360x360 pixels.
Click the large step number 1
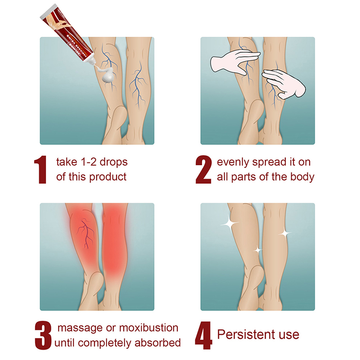(x=40, y=170)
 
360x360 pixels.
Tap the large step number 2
(x=203, y=170)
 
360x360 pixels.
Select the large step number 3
(x=43, y=335)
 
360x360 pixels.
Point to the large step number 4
(x=203, y=335)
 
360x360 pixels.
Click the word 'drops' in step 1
(x=113, y=162)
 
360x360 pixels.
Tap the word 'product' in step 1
(x=108, y=177)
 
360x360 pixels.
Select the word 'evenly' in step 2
(x=233, y=162)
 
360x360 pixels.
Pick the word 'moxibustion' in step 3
(x=149, y=328)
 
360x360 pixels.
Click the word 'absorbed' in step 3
(x=157, y=343)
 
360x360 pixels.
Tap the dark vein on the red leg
(x=85, y=234)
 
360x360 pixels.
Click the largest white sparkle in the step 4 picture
(x=229, y=224)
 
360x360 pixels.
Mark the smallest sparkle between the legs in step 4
(x=257, y=250)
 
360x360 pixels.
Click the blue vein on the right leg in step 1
(x=138, y=85)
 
